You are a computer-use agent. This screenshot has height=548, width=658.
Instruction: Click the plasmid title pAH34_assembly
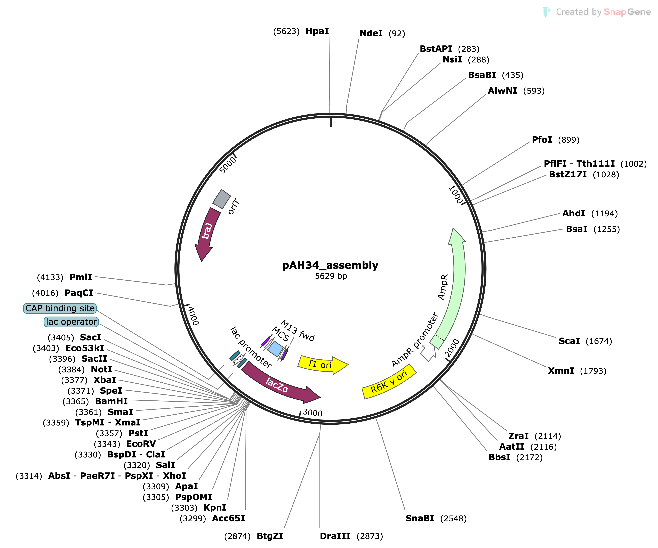tap(330, 265)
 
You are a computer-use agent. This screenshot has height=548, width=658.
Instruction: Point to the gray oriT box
tap(222, 199)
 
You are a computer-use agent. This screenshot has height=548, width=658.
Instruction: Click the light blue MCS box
tap(275, 348)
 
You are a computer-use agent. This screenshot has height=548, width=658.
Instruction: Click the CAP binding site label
tap(60, 308)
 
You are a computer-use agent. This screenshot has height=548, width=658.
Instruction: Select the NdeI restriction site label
tap(371, 34)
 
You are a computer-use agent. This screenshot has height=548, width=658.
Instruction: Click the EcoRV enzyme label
tap(141, 444)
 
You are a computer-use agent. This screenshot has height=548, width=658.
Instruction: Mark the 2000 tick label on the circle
tap(452, 348)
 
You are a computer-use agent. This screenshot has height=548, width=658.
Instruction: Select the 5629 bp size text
tap(331, 276)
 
